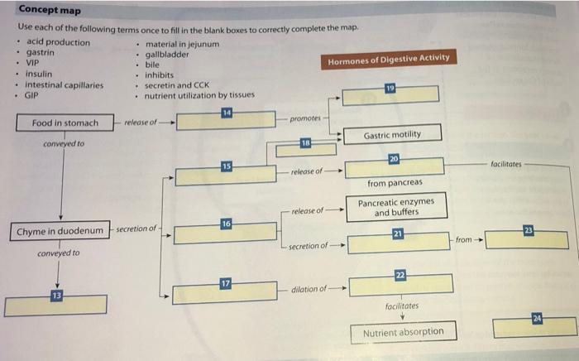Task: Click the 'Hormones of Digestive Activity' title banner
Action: click(389, 59)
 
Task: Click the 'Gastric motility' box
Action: click(391, 134)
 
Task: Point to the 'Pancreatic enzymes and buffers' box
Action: click(395, 207)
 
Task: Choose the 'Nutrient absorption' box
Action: click(403, 332)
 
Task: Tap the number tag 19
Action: click(390, 88)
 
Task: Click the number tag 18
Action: click(305, 142)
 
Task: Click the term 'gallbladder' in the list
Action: click(167, 53)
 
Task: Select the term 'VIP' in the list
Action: click(33, 63)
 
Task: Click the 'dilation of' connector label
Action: click(309, 290)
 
